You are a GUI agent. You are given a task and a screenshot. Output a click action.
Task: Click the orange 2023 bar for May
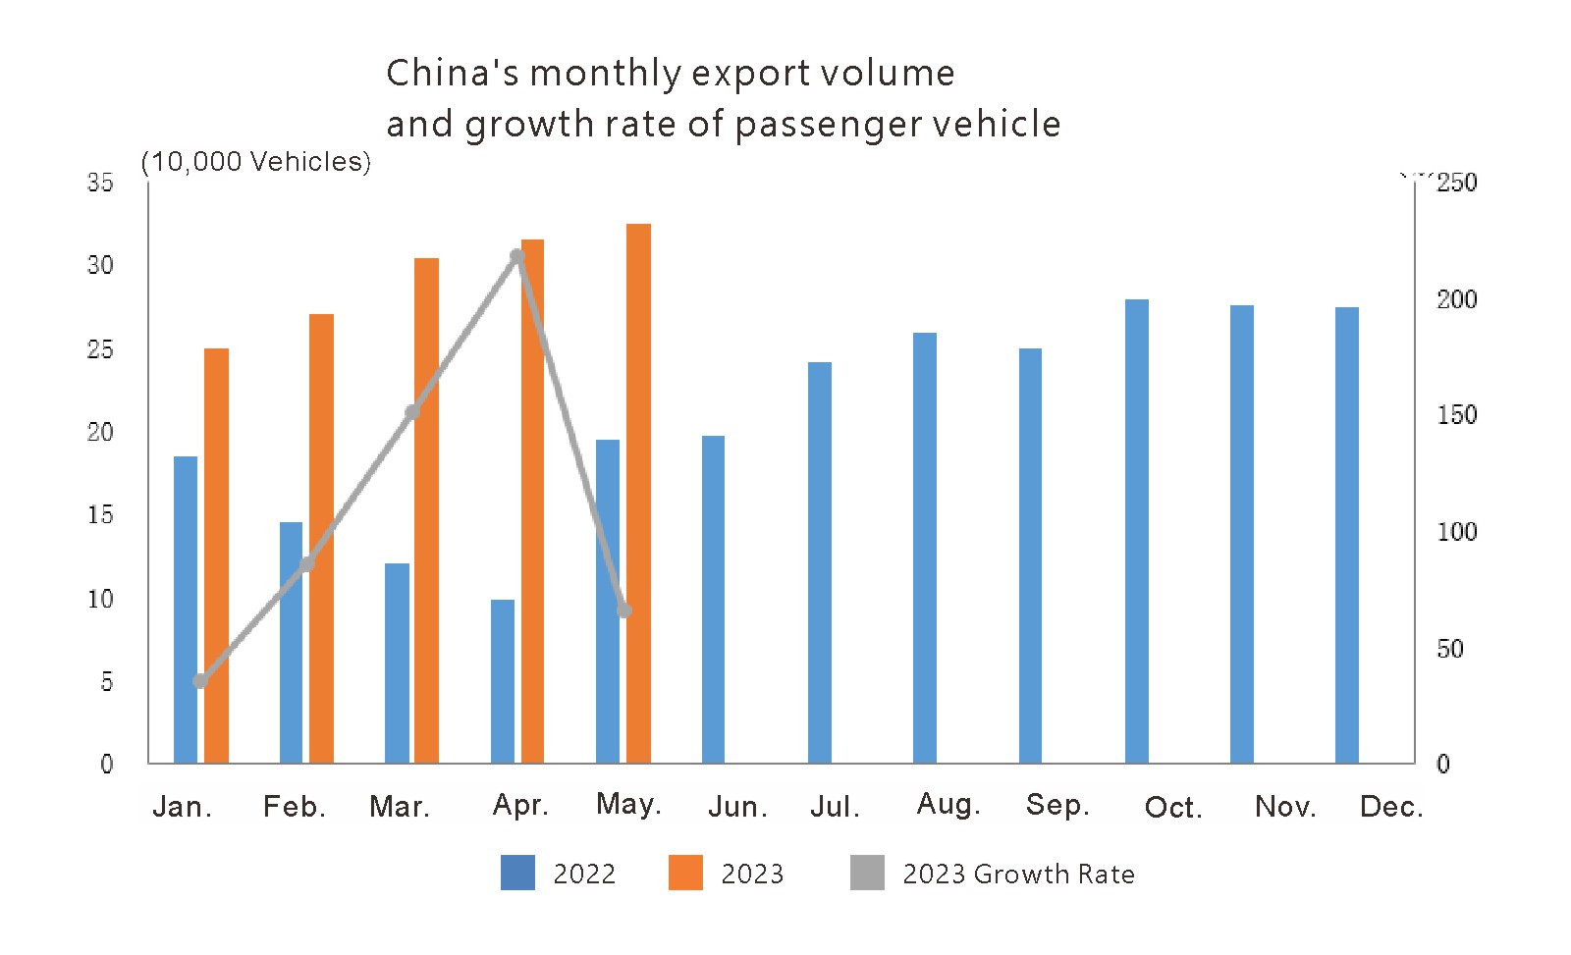(x=638, y=493)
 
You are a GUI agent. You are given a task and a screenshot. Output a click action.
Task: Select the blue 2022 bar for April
(x=503, y=681)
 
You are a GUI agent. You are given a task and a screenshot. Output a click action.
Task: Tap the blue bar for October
(x=1136, y=531)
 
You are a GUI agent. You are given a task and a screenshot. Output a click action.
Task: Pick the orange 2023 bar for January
(x=216, y=556)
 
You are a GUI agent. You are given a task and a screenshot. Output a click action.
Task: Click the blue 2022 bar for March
(x=397, y=663)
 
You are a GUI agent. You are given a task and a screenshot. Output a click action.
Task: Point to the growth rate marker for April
(x=518, y=257)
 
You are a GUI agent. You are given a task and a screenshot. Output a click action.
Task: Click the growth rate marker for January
(x=200, y=681)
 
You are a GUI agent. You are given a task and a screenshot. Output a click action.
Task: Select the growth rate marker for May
(x=624, y=610)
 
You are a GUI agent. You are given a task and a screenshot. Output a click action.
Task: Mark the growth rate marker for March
(x=412, y=412)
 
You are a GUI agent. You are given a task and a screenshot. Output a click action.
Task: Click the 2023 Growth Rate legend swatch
(x=867, y=873)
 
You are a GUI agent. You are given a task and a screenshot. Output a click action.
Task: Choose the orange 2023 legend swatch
(x=685, y=873)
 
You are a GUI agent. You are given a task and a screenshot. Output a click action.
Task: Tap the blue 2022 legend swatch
(x=517, y=873)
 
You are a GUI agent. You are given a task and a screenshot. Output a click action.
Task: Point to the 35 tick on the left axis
(x=100, y=183)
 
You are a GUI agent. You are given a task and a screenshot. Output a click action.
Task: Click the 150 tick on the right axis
(x=1456, y=415)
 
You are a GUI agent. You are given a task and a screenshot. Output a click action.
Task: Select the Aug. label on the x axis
(x=948, y=805)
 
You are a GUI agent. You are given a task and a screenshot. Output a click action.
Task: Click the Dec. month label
(x=1391, y=807)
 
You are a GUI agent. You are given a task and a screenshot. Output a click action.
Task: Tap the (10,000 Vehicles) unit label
(x=256, y=162)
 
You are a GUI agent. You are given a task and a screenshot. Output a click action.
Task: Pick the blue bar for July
(x=820, y=562)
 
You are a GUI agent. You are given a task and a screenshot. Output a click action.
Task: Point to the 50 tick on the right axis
(x=1449, y=649)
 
